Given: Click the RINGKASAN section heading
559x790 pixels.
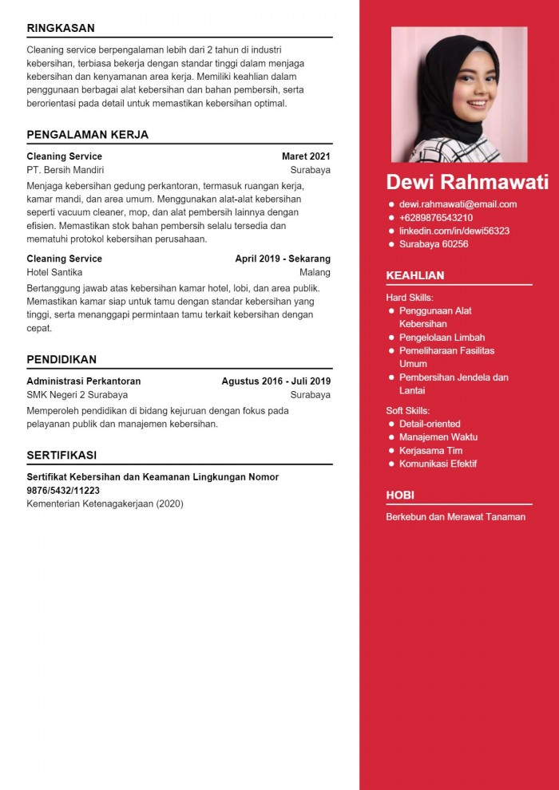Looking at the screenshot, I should click(61, 28).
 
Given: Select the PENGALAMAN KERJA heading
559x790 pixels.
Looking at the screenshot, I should click(87, 134).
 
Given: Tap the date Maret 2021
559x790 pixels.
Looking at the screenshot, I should click(306, 156).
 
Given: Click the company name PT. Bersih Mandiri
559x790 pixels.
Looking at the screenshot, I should click(65, 170).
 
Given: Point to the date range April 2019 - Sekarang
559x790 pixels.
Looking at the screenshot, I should click(283, 259).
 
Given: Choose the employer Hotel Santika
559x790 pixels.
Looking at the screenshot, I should click(54, 272).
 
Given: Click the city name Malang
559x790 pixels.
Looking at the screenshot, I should click(315, 272).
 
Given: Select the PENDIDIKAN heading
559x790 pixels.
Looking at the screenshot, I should click(61, 359).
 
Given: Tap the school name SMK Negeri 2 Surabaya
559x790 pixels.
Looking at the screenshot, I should click(77, 395).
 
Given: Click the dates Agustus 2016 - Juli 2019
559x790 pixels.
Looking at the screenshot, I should click(276, 381).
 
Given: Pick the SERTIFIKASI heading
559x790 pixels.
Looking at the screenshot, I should click(61, 455).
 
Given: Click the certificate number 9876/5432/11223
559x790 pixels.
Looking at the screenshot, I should click(63, 491).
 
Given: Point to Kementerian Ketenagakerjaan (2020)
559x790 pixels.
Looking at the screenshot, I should click(105, 504).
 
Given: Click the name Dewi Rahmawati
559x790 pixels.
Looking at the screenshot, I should click(467, 182).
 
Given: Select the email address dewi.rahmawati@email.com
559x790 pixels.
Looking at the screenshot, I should click(458, 204).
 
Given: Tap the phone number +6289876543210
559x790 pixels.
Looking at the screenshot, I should click(435, 218).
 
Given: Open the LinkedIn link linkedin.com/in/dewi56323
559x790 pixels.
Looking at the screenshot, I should click(454, 231).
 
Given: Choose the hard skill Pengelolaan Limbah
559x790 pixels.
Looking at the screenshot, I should click(442, 338).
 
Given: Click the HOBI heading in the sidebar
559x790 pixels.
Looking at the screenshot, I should click(400, 495).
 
